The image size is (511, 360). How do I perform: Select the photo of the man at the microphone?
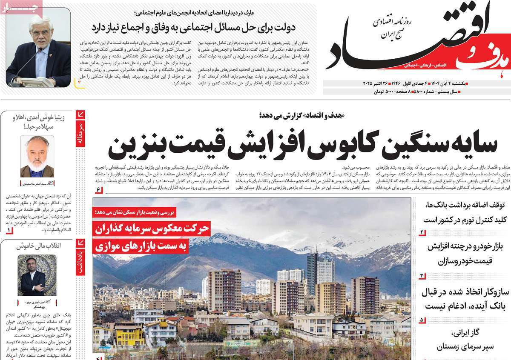pos(38,47)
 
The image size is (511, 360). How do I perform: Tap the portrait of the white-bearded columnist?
pos(37,156)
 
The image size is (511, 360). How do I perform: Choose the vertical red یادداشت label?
pos(80,259)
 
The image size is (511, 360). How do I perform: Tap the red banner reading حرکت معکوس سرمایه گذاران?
pos(152,229)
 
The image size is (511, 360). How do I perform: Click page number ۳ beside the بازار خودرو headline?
pos(422,276)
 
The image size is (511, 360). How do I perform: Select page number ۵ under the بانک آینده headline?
pos(422,320)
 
